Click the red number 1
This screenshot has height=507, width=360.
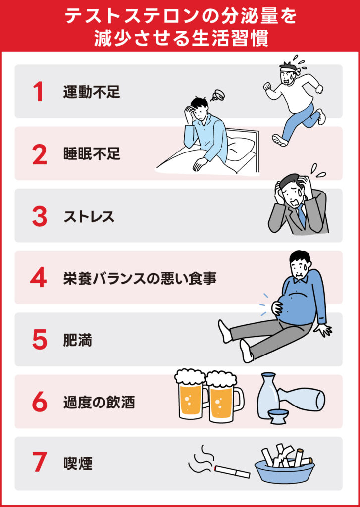pyautogui.click(x=38, y=92)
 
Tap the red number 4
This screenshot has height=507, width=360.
pyautogui.click(x=38, y=278)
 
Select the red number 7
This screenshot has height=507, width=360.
pyautogui.click(x=39, y=464)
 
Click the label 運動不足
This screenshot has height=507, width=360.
pyautogui.click(x=92, y=92)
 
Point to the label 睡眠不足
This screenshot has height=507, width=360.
pyautogui.click(x=92, y=154)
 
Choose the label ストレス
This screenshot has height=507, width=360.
pyautogui.click(x=89, y=216)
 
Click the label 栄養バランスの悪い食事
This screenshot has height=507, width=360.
pyautogui.click(x=140, y=278)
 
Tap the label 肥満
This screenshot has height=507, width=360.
pyautogui.click(x=77, y=341)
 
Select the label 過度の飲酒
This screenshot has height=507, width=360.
pyautogui.click(x=99, y=402)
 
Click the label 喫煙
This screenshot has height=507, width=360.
pyautogui.click(x=77, y=464)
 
